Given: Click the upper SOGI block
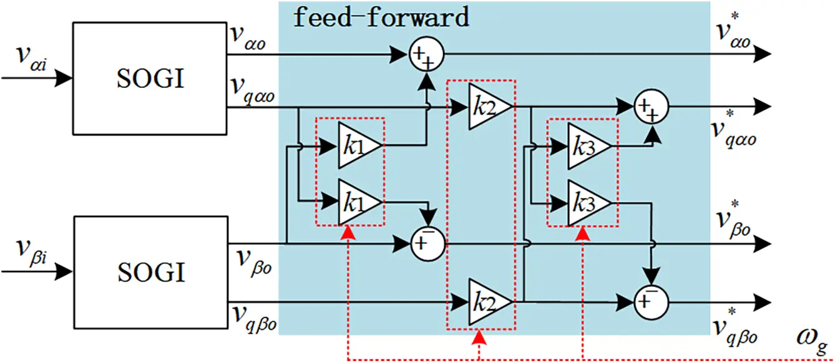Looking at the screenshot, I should pos(150,79).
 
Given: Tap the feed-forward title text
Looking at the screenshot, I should pos(381,17).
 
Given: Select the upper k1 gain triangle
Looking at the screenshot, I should pos(358,146).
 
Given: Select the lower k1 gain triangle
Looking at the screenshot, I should pos(358,201).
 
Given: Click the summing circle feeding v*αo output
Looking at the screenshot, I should pos(426,55).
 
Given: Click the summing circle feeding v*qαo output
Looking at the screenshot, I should pos(651,107).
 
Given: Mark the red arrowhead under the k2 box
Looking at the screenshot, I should pos(479,337).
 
